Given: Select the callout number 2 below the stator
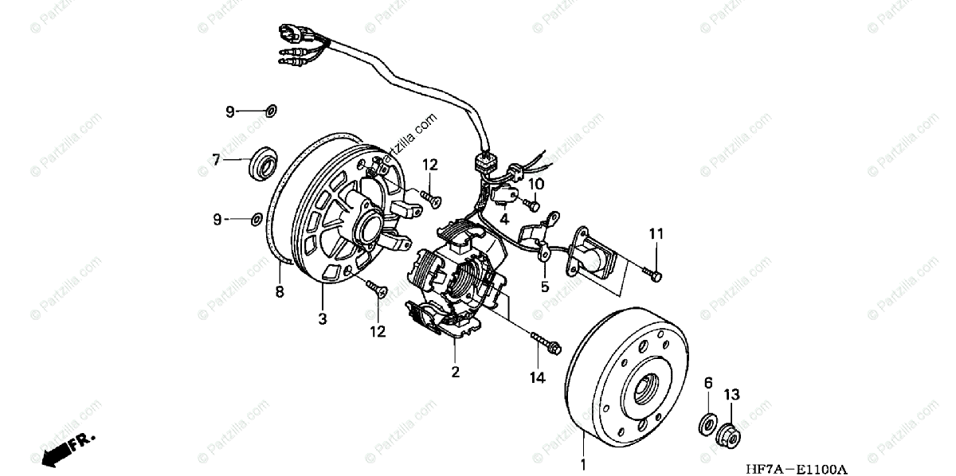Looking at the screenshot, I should click(x=455, y=371).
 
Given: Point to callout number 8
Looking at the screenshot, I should click(x=280, y=291).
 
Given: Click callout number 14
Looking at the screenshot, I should click(x=537, y=378).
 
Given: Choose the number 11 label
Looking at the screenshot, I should click(x=656, y=234).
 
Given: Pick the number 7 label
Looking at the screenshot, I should click(x=215, y=160).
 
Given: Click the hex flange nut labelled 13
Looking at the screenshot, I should click(x=728, y=435).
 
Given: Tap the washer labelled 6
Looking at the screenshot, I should click(x=707, y=424).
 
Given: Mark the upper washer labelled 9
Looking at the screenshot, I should click(x=270, y=111).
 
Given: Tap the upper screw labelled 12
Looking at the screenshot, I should click(x=431, y=199).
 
